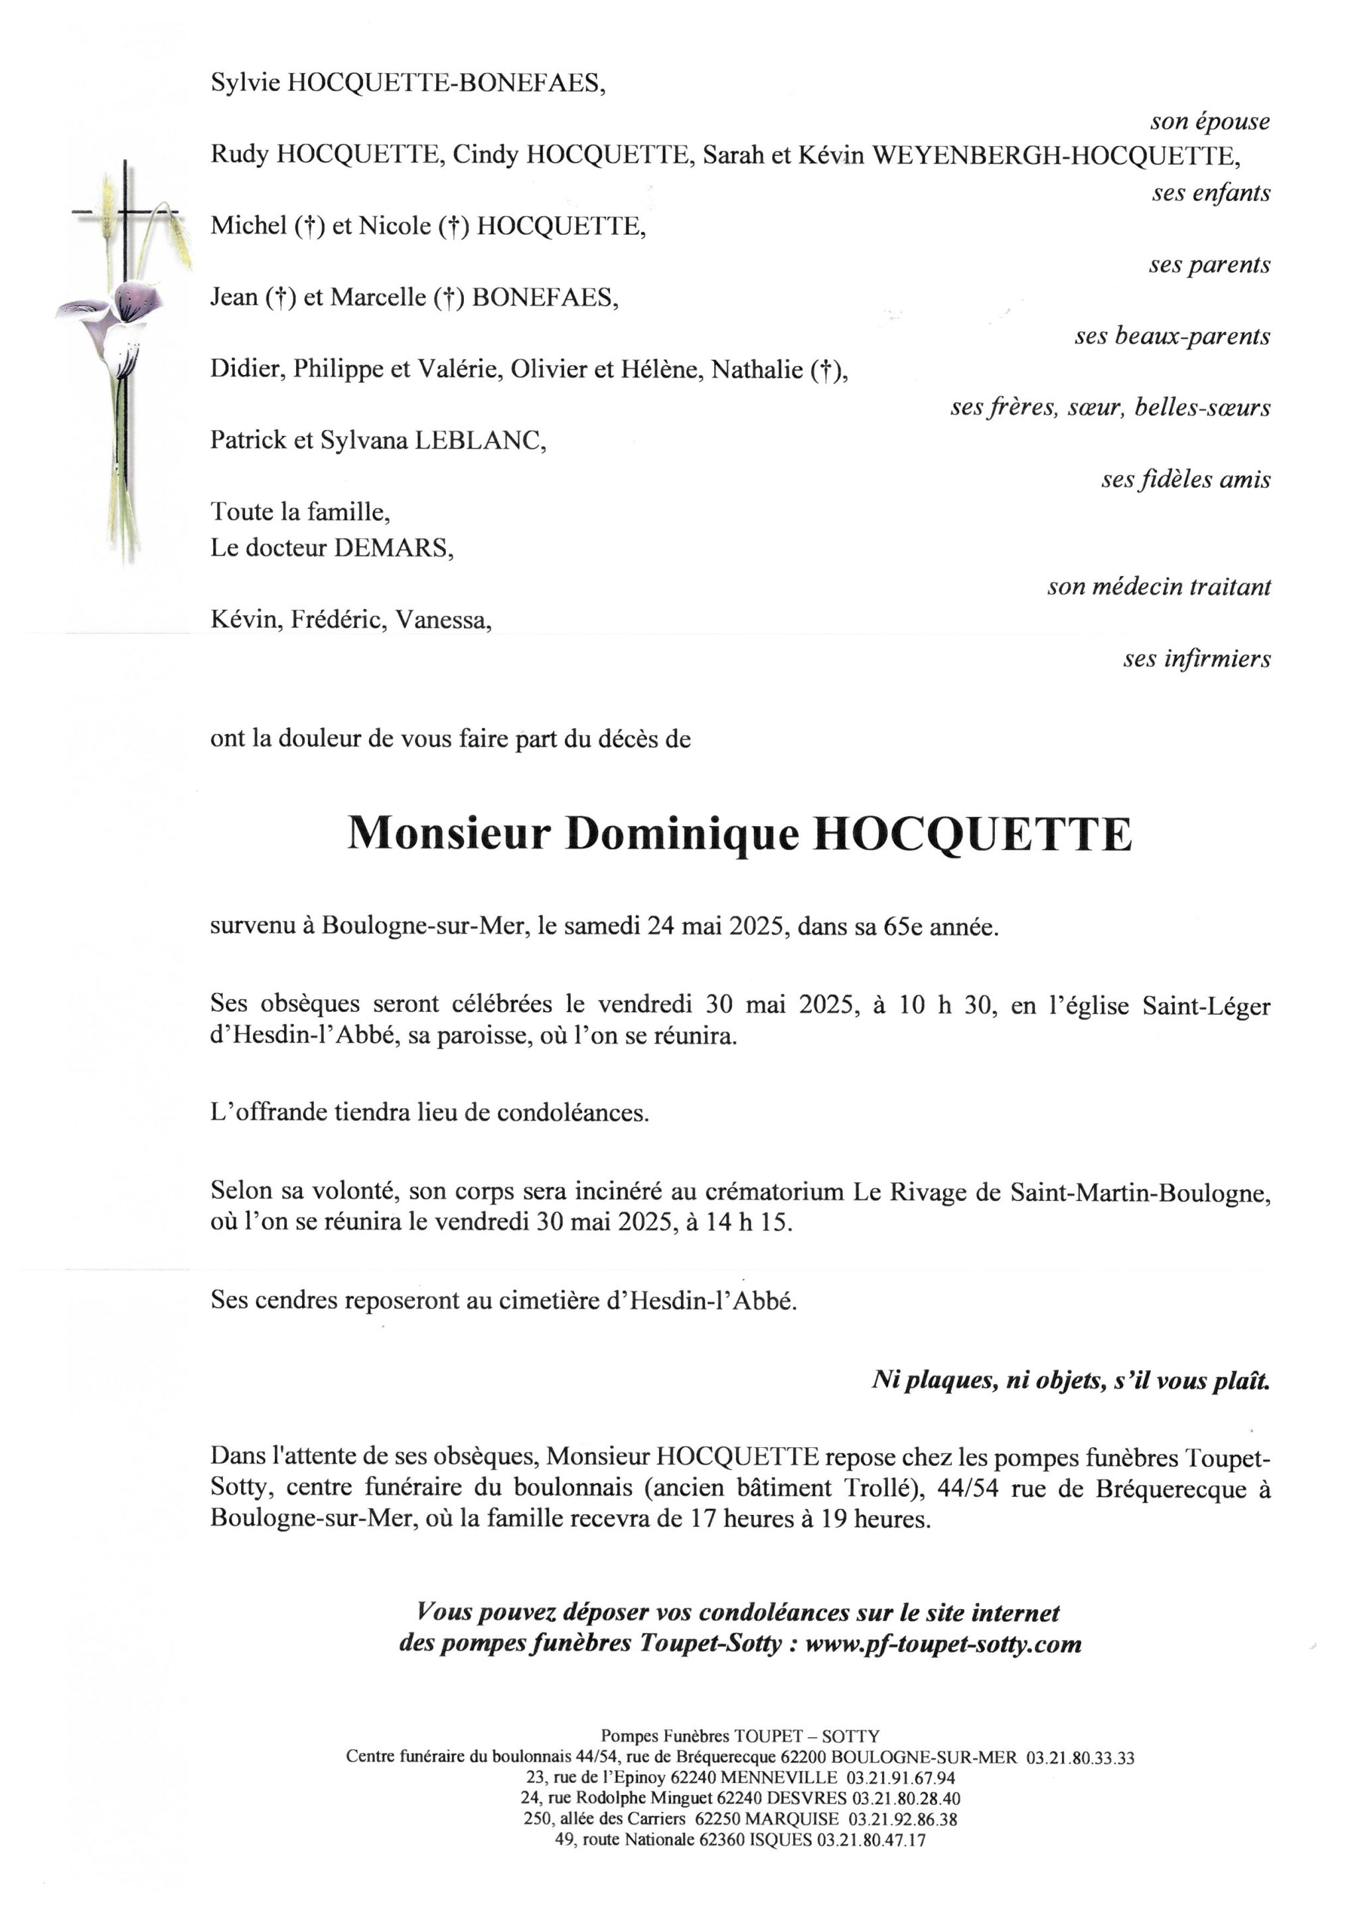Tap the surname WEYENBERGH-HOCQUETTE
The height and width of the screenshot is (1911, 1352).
[x=1055, y=156]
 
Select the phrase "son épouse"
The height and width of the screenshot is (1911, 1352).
[x=1210, y=121]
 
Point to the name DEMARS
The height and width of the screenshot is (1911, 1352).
[x=393, y=547]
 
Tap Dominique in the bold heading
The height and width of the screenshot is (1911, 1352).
[x=682, y=833]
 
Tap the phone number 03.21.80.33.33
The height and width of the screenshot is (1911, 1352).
[x=1080, y=1758]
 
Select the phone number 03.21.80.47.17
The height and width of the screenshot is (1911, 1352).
[x=871, y=1839]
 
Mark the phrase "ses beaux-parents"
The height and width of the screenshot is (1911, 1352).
[x=1171, y=336]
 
